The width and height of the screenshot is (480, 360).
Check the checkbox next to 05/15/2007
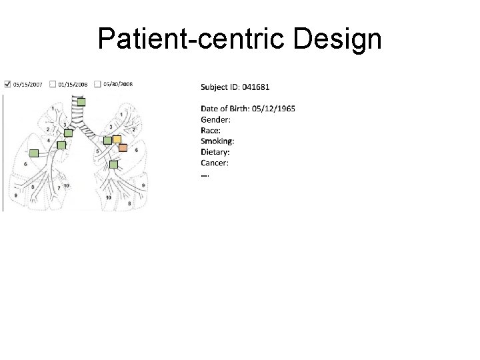[x=7, y=85]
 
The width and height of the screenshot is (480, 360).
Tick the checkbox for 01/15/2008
[x=53, y=85]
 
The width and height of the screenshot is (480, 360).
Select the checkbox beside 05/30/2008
[x=98, y=84]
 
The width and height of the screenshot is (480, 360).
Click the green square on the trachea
[x=81, y=102]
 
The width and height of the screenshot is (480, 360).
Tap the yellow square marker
[x=117, y=139]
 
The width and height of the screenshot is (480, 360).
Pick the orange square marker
[x=123, y=147]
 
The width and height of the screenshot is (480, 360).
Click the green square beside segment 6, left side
[x=34, y=153]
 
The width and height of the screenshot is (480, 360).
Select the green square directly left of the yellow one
[x=108, y=141]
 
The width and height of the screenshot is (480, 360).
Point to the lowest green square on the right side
[x=113, y=164]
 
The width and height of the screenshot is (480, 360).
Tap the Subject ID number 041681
[x=257, y=87]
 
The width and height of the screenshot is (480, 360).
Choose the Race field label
[x=211, y=131]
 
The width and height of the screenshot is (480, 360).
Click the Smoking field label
[x=217, y=141]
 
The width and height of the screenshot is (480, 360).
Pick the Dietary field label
[x=215, y=152]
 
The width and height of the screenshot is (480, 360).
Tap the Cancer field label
[x=215, y=163]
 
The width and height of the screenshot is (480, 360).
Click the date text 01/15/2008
[x=73, y=85]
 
